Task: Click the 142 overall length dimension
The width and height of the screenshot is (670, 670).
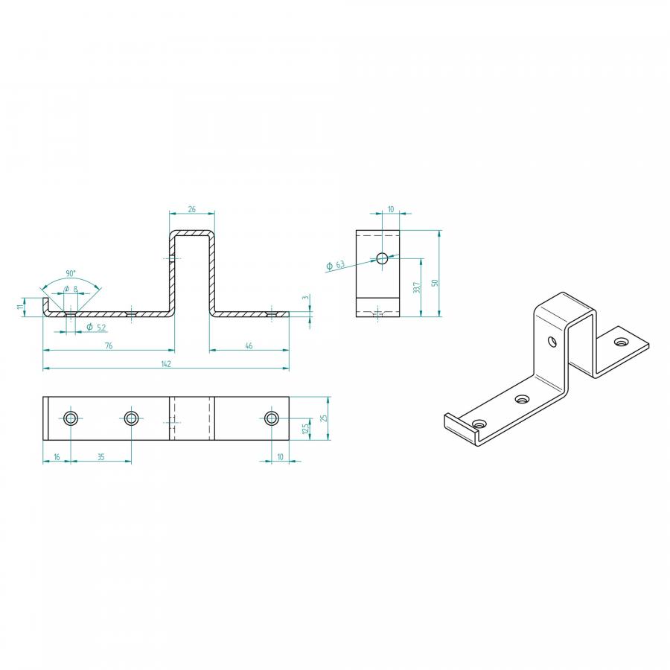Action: (x=166, y=363)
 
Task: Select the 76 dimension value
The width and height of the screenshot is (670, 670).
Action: (x=109, y=345)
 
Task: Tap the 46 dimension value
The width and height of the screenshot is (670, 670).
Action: (x=249, y=345)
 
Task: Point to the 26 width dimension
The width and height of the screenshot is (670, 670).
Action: (x=192, y=209)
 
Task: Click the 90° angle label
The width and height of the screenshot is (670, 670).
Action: (x=71, y=273)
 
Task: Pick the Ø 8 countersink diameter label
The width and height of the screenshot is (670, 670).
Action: (x=71, y=290)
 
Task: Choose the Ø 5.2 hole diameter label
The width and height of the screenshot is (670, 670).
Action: (x=96, y=328)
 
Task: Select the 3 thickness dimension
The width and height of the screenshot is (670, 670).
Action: (x=305, y=297)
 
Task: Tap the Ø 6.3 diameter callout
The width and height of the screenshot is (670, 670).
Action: (x=336, y=265)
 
